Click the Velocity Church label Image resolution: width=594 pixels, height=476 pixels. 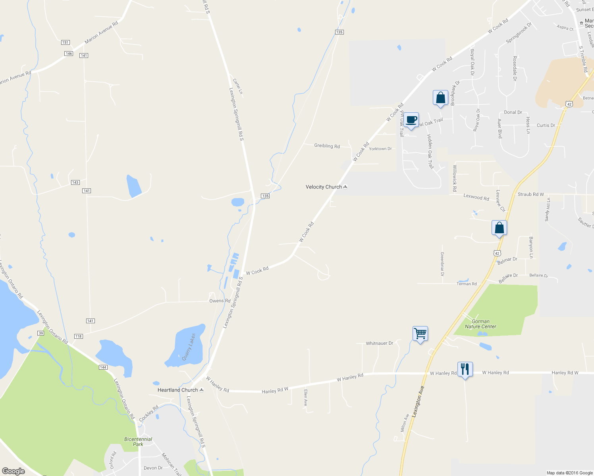tap(324, 187)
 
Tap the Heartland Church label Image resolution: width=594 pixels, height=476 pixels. tap(177, 390)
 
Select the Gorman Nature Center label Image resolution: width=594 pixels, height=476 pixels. tap(480, 324)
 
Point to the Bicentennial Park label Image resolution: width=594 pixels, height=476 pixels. tap(138, 441)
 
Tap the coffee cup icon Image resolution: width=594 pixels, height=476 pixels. tap(411, 120)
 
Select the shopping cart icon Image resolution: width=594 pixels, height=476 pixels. tap(420, 333)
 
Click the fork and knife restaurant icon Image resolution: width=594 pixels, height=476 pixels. tap(465, 369)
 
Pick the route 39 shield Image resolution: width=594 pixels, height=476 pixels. tap(40, 333)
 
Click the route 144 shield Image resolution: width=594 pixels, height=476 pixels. tap(103, 367)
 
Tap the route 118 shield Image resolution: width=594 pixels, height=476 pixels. tap(78, 336)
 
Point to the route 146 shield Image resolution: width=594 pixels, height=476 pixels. tap(69, 53)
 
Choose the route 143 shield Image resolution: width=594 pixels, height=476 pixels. tap(75, 182)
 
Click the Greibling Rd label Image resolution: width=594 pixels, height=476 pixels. tap(327, 146)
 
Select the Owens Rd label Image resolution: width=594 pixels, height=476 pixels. tap(220, 301)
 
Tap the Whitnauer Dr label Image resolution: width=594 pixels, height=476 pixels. tap(379, 343)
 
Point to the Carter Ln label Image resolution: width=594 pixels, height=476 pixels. tap(237, 86)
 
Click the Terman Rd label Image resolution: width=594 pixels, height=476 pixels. tap(467, 284)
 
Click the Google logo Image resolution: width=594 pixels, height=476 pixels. tap(13, 471)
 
